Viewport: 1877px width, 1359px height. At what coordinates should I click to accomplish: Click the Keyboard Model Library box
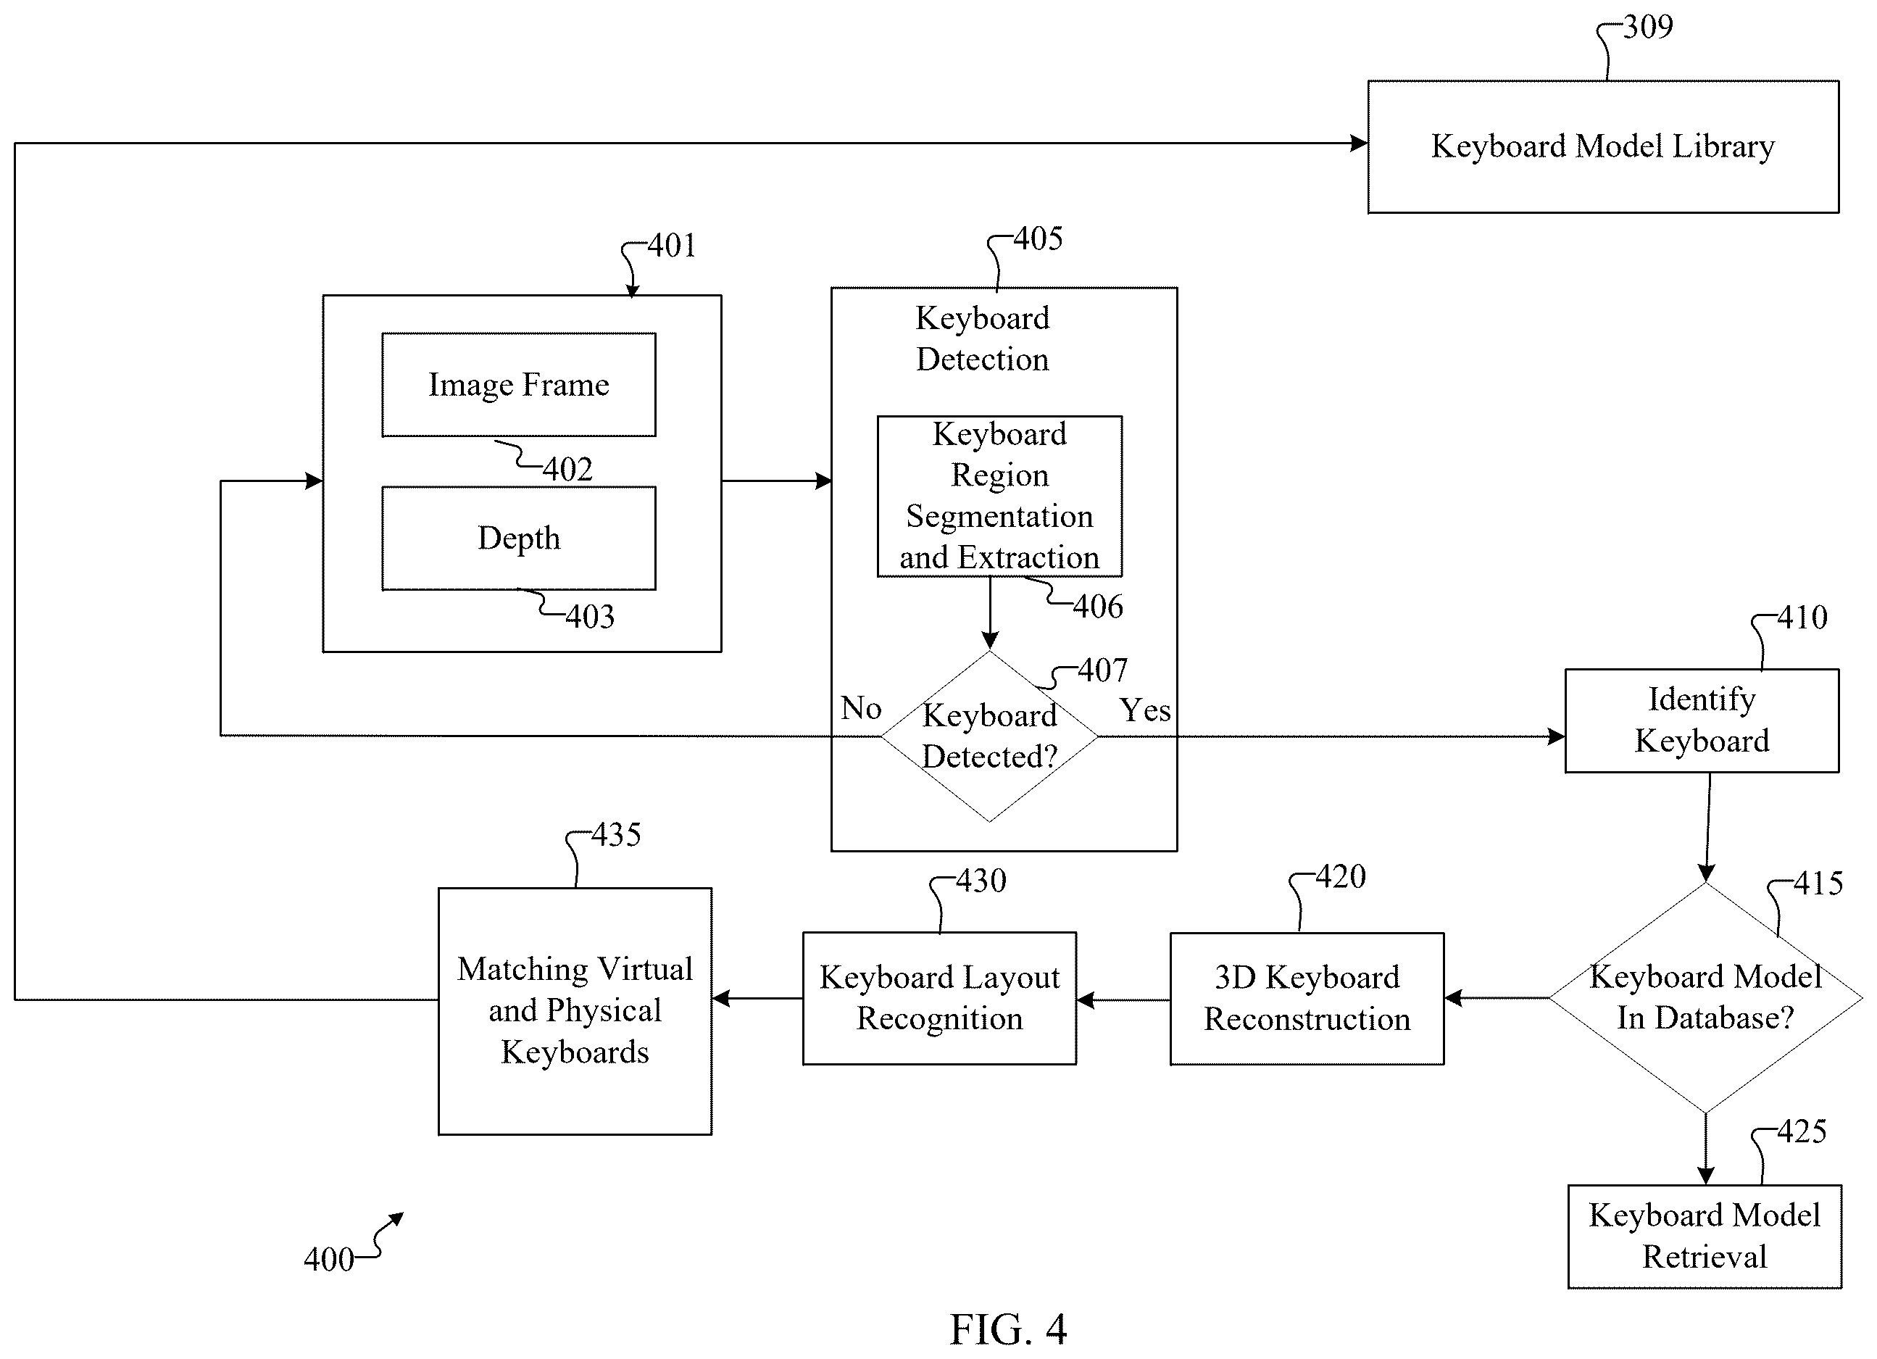[1603, 146]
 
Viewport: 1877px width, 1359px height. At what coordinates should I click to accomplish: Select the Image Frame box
[519, 385]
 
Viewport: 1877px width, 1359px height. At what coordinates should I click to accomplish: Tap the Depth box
[519, 538]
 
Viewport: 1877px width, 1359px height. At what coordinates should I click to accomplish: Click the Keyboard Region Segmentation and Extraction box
[1000, 496]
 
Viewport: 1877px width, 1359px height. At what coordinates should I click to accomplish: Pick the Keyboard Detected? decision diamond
[989, 736]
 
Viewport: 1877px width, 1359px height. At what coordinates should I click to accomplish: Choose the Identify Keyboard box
[1702, 720]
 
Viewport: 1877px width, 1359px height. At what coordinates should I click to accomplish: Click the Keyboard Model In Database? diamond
[1706, 997]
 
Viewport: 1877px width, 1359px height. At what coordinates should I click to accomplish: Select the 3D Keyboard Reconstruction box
[1307, 998]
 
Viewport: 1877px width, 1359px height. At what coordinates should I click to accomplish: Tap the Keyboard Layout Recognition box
[939, 998]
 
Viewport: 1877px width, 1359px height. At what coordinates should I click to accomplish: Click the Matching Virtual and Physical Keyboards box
[575, 1010]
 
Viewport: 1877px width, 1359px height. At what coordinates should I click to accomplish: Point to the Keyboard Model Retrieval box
[1705, 1237]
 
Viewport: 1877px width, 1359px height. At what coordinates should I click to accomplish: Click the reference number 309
[1648, 28]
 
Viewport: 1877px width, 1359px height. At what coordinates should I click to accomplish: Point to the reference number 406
[1098, 607]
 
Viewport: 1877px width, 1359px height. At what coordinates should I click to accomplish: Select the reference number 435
[616, 834]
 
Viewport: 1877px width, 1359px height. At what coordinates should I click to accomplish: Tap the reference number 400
[328, 1259]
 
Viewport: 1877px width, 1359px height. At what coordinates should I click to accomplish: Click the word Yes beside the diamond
[1145, 710]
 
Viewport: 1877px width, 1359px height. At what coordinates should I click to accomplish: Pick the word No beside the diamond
[862, 707]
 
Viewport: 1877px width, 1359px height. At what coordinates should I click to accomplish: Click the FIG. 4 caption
[1008, 1329]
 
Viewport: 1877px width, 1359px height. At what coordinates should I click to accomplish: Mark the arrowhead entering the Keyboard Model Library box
[1359, 144]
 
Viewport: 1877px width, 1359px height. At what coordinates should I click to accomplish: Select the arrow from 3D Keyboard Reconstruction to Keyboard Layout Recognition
[1123, 999]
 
